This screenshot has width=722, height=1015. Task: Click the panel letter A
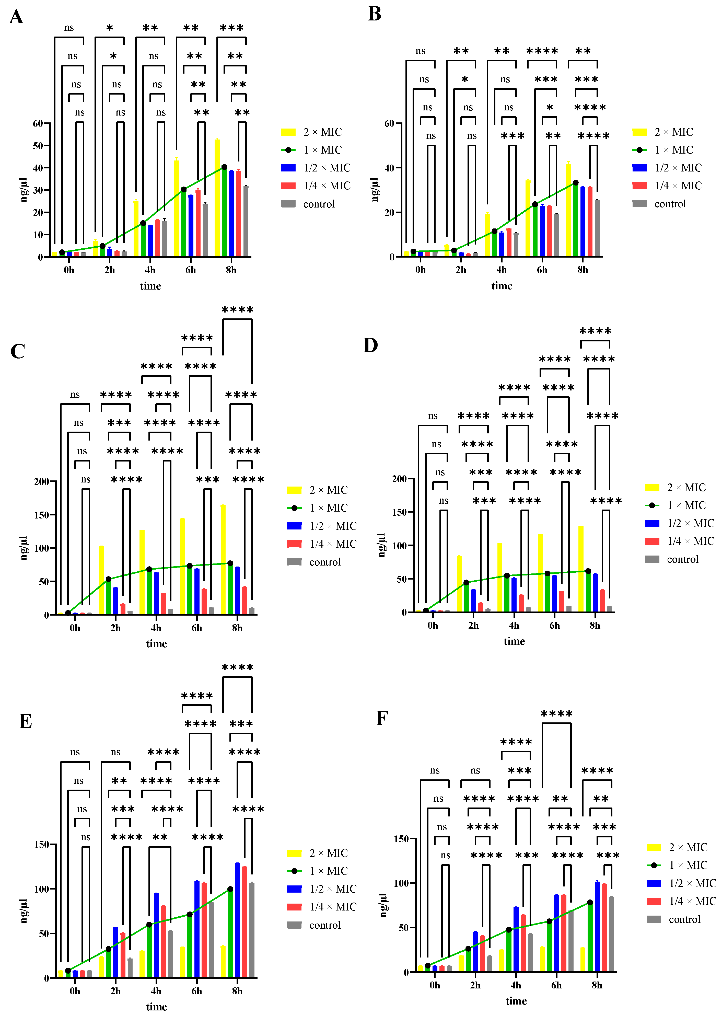(16, 17)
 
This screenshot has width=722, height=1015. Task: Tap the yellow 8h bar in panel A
(217, 198)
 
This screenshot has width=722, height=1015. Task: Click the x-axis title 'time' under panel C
(157, 644)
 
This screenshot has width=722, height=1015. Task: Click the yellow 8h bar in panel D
(581, 569)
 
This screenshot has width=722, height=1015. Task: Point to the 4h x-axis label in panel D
(514, 626)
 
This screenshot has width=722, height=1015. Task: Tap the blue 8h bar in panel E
(237, 920)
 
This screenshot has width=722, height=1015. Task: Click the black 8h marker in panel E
(230, 889)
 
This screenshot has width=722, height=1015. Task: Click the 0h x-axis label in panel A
(69, 270)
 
